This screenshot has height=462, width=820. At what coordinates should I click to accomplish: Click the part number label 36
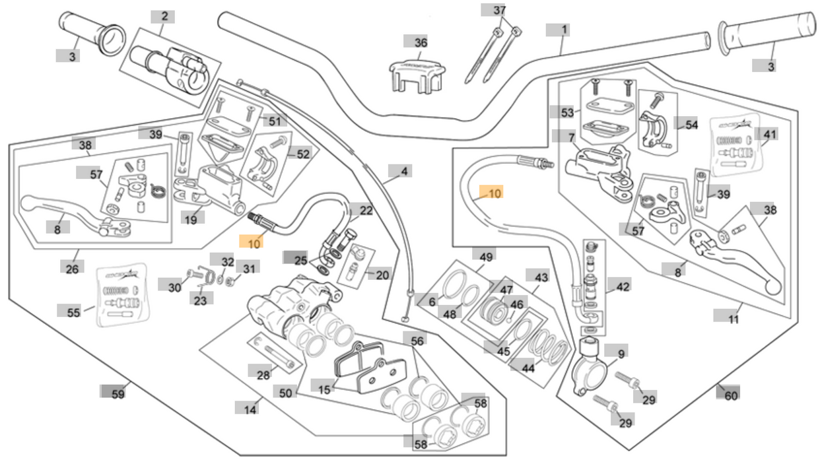click(x=421, y=42)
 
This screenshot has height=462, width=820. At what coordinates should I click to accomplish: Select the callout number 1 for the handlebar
click(x=564, y=30)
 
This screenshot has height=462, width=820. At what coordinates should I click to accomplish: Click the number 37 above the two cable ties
click(x=500, y=11)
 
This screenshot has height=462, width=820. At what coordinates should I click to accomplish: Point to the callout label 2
click(x=164, y=16)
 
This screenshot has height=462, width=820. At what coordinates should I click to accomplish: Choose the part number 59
click(x=118, y=394)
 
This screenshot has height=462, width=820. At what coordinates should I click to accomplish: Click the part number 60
click(x=731, y=395)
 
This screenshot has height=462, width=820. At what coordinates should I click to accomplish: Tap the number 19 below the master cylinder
click(x=191, y=219)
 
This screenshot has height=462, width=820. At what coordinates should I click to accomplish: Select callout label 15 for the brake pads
click(x=324, y=390)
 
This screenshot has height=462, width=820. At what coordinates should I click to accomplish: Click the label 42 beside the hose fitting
click(x=623, y=286)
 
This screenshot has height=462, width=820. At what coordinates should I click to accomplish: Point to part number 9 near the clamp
click(x=620, y=354)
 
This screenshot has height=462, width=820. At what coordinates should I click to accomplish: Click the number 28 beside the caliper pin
click(x=263, y=375)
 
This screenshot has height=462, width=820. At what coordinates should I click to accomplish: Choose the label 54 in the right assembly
click(x=691, y=125)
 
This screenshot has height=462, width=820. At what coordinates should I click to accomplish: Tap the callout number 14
click(x=250, y=410)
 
